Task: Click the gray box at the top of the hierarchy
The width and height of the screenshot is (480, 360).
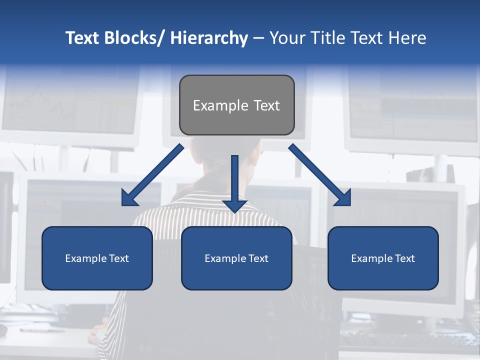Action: (236, 105)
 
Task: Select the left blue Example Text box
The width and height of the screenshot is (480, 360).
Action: (97, 258)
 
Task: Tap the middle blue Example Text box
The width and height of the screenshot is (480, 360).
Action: (236, 258)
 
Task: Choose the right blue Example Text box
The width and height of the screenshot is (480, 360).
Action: (383, 258)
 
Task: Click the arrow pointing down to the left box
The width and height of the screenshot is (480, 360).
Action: (152, 175)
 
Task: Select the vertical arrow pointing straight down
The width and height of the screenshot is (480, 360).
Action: (234, 182)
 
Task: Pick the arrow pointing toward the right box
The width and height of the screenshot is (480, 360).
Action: (320, 175)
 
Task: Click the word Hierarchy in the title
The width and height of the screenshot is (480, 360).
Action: (209, 38)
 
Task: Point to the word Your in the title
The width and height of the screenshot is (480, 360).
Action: (287, 38)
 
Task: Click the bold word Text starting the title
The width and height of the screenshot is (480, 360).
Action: (82, 38)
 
